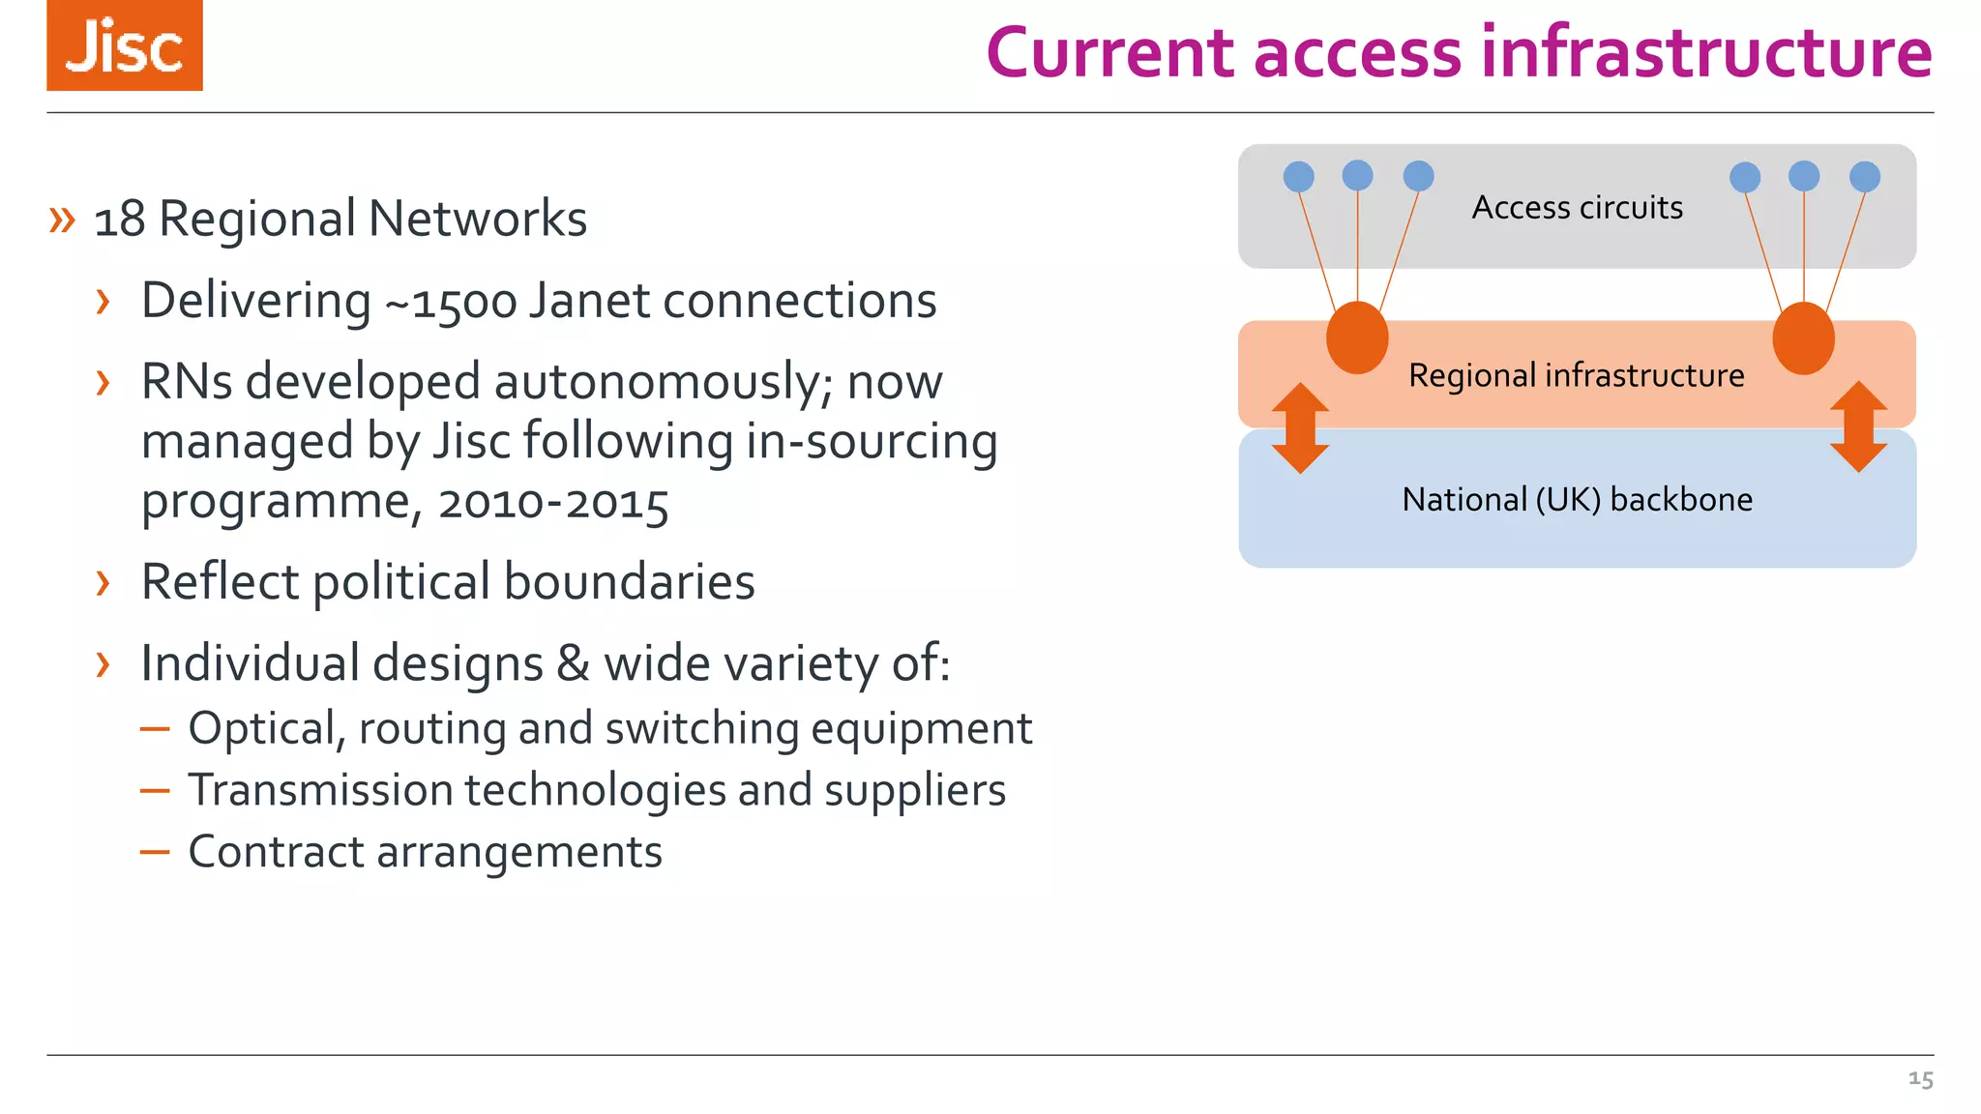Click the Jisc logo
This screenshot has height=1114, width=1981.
point(125,45)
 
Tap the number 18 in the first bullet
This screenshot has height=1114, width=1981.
point(120,220)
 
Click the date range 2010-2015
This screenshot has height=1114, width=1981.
point(552,504)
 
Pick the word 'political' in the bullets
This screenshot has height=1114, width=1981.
point(401,583)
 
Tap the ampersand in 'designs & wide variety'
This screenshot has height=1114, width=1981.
point(573,664)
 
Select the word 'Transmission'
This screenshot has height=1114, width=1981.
point(320,791)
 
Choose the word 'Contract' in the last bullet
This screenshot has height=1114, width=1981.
point(276,853)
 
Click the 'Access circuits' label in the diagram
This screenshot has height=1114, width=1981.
point(1577,208)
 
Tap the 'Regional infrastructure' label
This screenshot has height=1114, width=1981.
point(1577,375)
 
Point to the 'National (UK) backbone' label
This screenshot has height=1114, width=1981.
point(1577,500)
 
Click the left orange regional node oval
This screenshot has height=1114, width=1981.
point(1357,337)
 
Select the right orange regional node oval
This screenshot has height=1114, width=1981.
point(1803,337)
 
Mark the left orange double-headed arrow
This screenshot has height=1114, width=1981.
point(1300,427)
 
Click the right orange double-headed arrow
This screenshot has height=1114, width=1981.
point(1858,426)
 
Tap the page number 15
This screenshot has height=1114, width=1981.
point(1920,1079)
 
